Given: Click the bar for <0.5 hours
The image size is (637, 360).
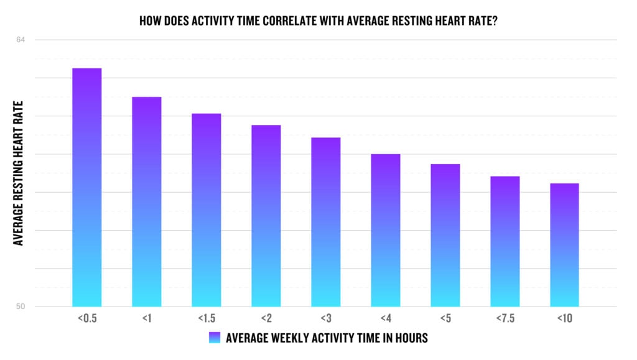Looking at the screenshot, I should coord(86,187).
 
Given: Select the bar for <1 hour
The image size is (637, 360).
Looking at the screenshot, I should coord(146,201).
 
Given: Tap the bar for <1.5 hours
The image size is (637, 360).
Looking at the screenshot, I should coord(206,210).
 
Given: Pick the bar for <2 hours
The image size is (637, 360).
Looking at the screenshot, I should coord(266,216).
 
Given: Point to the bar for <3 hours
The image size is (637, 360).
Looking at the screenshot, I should coord(325,222).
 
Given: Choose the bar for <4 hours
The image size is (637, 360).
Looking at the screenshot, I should coord(385,230).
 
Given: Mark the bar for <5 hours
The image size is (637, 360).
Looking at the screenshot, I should coord(445,235).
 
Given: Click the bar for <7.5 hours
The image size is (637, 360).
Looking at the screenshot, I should coord(504,241).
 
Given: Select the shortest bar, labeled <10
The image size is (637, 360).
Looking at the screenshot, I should coord(564,245).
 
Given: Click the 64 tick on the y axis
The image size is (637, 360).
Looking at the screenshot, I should coord(21,40).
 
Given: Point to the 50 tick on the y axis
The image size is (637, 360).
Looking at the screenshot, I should coord(21,307).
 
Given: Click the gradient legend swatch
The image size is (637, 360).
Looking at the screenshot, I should coord(214,338).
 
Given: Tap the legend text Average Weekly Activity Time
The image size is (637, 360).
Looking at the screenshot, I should coord(327,338).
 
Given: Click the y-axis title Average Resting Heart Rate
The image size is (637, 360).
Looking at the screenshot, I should coord(19,173).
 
